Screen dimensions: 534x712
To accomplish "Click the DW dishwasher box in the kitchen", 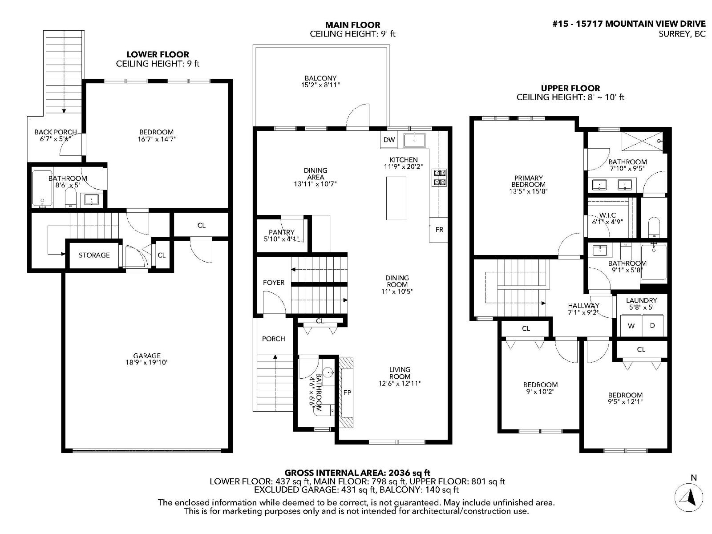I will [x=389, y=140].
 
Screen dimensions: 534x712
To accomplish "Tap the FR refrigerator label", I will [x=439, y=230].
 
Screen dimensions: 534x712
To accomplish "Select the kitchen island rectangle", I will [x=396, y=198].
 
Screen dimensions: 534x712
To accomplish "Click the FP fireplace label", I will [x=347, y=393].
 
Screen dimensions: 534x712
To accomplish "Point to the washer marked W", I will [x=631, y=326].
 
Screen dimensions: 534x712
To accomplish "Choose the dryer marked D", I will [x=652, y=326].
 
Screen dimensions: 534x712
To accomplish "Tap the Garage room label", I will [x=147, y=356].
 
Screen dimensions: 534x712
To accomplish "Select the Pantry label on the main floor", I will [x=281, y=232].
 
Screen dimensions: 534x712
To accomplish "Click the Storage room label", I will [x=94, y=255].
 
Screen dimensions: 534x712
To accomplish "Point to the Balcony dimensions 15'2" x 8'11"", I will [x=320, y=85].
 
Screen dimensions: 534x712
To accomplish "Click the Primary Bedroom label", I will [x=528, y=181].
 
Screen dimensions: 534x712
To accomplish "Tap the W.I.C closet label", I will [x=607, y=215].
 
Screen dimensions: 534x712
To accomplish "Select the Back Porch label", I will [x=56, y=132].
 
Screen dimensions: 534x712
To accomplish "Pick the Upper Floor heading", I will [x=570, y=88].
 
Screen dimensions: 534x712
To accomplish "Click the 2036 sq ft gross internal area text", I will [x=409, y=473].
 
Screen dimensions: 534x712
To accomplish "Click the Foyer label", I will [x=274, y=283].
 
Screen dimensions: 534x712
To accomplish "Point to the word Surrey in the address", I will [x=672, y=34].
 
